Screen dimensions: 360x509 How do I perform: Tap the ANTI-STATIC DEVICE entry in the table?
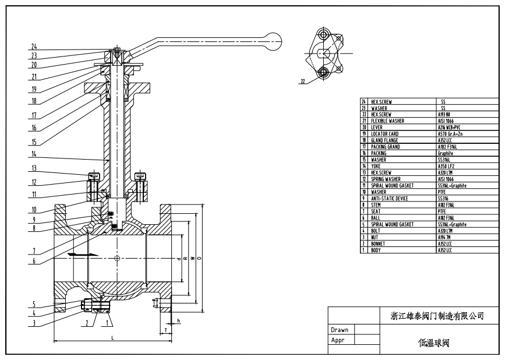[390, 198]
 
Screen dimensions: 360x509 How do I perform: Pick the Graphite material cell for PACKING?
[447, 153]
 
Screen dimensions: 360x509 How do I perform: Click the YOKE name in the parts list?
[376, 165]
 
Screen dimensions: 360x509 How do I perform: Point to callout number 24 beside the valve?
[34, 46]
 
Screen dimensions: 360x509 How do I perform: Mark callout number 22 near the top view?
[302, 82]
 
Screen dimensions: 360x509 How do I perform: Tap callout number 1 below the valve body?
[109, 321]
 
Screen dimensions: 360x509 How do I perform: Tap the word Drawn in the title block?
[340, 330]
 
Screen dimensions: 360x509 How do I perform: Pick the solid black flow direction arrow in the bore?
[76, 254]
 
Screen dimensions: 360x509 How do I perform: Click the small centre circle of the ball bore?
[118, 258]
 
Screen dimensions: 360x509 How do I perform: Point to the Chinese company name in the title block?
[437, 316]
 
